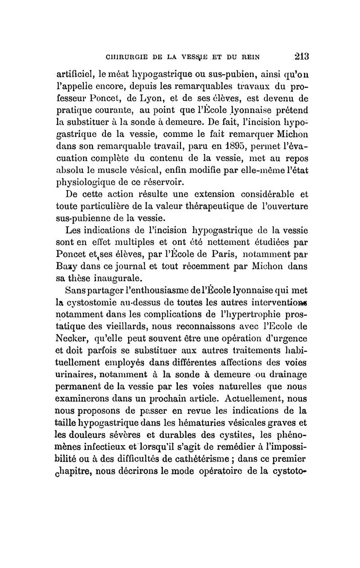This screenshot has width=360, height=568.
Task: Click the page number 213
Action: (298, 57)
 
